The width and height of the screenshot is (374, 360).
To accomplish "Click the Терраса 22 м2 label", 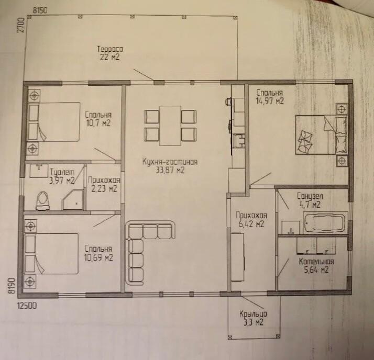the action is point(110,53).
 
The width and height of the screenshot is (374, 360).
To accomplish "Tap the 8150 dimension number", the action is point(40,10).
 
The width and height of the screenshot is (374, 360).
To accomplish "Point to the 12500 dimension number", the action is point(27,306).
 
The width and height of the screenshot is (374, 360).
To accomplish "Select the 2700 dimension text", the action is point(21,25).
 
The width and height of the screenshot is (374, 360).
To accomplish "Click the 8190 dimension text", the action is point(13,286).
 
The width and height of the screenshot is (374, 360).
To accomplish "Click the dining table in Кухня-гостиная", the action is point(170,126).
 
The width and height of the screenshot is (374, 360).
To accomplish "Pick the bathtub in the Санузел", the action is point(325,223).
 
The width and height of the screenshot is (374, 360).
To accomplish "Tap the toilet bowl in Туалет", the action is point(43,201).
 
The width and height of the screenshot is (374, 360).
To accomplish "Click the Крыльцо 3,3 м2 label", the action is point(253,318).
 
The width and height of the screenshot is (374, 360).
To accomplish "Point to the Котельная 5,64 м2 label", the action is point(316,266).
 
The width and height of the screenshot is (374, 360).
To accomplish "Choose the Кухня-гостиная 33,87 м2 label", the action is point(170,166).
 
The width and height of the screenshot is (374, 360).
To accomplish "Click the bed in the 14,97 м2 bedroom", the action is point(321,135).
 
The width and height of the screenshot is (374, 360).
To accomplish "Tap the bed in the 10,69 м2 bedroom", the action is point(51,253).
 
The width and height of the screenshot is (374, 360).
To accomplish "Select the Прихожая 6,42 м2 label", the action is point(251,219).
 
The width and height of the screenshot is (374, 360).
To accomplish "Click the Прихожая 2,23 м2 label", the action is point(104,184).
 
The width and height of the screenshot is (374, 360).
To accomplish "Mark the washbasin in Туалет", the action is point(39,171).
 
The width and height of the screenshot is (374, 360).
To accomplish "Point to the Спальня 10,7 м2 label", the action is point(98,119).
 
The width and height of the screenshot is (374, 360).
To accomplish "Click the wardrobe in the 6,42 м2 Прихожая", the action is point(238,257).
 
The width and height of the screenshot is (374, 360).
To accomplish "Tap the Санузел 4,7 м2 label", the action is point(310,200).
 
